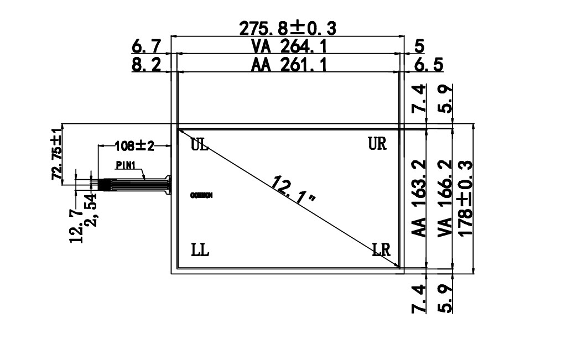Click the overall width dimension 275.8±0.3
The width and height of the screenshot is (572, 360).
(288, 28)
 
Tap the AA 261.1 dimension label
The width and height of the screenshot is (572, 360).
(289, 65)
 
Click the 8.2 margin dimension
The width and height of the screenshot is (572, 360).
(146, 65)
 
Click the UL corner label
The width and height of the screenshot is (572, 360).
(200, 145)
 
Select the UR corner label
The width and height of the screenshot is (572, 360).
(377, 144)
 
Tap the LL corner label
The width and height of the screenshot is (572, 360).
(200, 250)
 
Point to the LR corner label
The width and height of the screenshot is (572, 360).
(382, 250)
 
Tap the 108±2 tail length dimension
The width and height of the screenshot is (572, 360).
(134, 146)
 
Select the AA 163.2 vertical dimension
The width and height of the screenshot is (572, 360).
(420, 199)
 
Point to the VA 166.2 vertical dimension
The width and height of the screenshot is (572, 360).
(445, 199)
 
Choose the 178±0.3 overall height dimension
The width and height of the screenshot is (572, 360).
(466, 199)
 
